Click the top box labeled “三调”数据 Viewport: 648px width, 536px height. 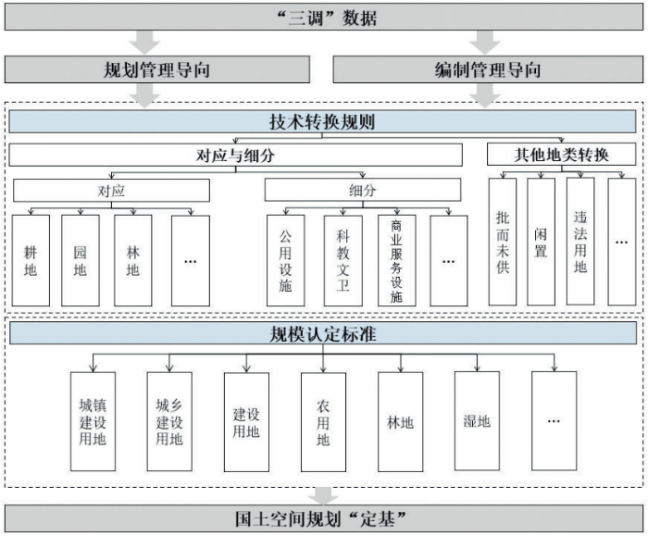click(323, 18)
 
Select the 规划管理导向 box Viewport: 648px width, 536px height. click(158, 70)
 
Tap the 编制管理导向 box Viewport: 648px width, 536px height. click(487, 70)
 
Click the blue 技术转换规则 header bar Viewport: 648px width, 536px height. click(323, 122)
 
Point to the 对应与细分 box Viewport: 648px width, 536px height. click(236, 156)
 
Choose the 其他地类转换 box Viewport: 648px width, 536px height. click(562, 156)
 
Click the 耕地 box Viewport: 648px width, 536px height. click(31, 260)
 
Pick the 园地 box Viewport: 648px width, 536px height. click(80, 260)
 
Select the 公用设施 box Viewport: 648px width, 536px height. click(285, 260)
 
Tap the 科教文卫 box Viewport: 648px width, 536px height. click(343, 260)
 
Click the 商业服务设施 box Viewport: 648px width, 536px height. click(397, 260)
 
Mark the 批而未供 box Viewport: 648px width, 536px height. click(503, 242)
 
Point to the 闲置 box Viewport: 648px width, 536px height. click(541, 242)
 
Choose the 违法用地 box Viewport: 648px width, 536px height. click(580, 242)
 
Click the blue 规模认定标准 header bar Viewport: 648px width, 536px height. click(323, 332)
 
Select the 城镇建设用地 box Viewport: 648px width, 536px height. click(93, 421)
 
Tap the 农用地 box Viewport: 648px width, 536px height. click(323, 421)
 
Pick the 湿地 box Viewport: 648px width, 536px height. click(477, 421)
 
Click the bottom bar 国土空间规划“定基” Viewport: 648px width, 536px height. click(323, 517)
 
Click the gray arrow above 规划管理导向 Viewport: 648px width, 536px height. click(146, 42)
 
